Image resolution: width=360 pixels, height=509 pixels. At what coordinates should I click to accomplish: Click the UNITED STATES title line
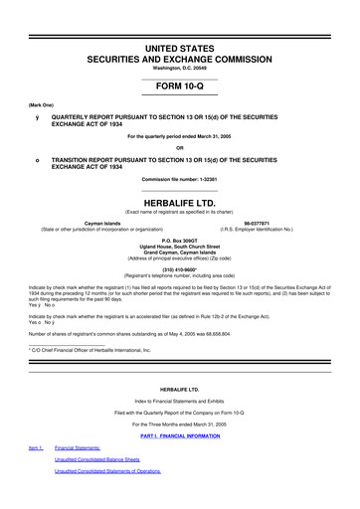pos(179,35)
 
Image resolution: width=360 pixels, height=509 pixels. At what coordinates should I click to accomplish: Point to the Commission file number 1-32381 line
pos(179,179)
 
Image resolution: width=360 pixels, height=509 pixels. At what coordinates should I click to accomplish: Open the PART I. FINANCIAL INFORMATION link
pos(179,436)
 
